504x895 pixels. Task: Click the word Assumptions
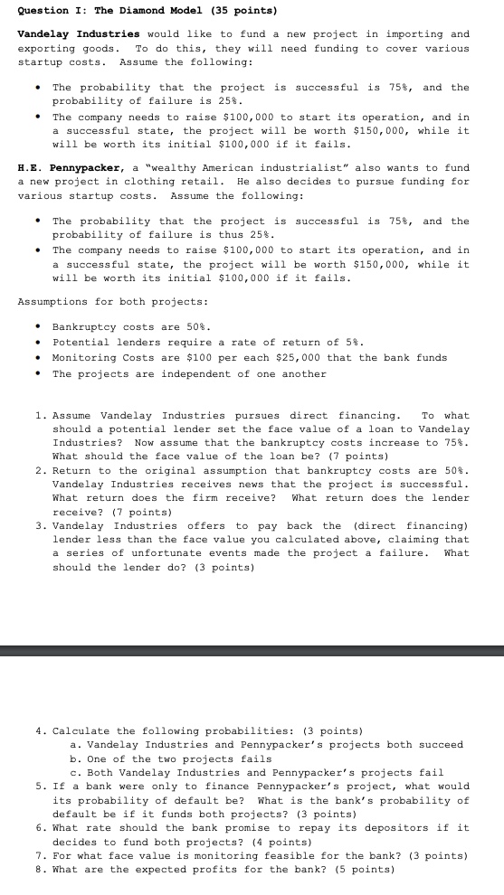[53, 301]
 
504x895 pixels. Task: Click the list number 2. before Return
[41, 471]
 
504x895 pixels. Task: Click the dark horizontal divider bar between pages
[252, 650]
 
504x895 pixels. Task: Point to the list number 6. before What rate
[41, 828]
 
